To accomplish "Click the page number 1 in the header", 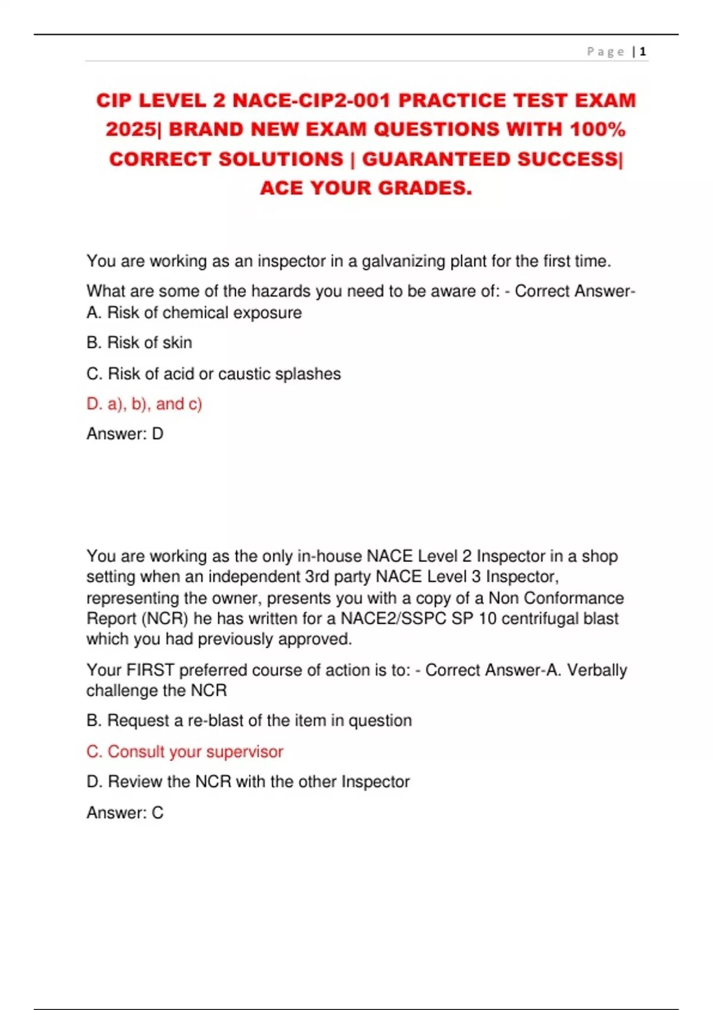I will coord(643,52).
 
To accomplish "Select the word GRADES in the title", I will coord(425,188).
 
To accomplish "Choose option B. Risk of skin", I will coord(139,343).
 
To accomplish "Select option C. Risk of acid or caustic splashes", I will coord(213,374).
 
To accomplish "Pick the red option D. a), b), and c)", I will coord(144,404).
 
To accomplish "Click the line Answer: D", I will coord(125,434).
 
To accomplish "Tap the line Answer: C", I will coord(125,812).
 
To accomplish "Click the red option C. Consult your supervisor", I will coord(185,752).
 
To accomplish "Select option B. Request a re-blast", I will coord(249,721).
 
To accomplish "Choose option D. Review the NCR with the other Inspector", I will coord(248,782).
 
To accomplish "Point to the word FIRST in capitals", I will coord(150,670).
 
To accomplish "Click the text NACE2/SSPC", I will coord(393,618).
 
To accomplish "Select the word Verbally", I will coord(597,670).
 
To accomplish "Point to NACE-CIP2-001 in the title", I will coord(312,100).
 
